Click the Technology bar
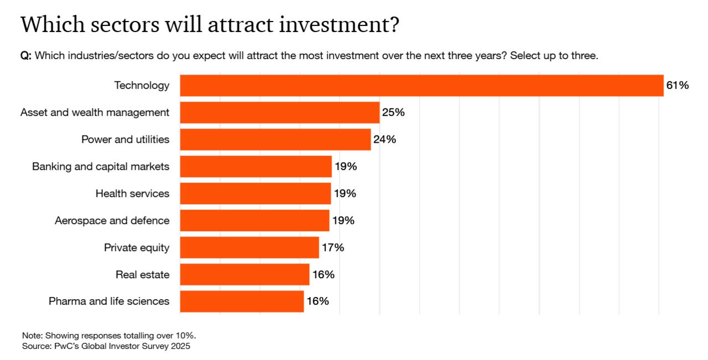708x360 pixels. [x=421, y=85]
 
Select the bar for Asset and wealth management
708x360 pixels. [x=280, y=112]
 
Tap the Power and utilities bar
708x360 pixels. [x=275, y=139]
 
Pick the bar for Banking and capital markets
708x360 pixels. [x=256, y=166]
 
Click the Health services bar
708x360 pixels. [x=255, y=194]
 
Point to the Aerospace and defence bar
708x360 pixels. [x=254, y=221]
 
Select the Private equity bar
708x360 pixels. [x=249, y=248]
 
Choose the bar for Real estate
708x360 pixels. [x=244, y=274]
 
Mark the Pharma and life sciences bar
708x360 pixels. [x=242, y=301]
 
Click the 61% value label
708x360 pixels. [x=677, y=85]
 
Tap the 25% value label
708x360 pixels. [x=393, y=112]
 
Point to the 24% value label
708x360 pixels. [x=384, y=139]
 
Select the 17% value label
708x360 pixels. [x=332, y=248]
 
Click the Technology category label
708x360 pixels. [x=142, y=85]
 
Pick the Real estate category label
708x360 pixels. [x=142, y=274]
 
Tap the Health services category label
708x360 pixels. [x=132, y=194]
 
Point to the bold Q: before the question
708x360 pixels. [x=26, y=56]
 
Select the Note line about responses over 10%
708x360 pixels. [x=109, y=336]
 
